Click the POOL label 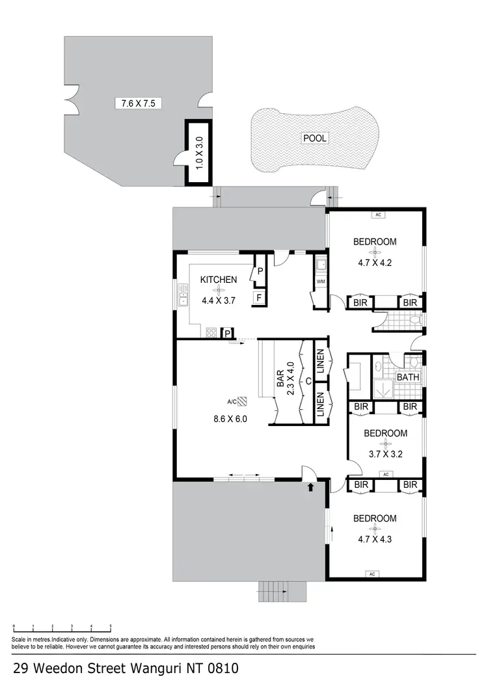click(x=314, y=138)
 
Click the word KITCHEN click(x=218, y=280)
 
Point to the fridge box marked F click(x=258, y=299)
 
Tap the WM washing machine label click(x=320, y=282)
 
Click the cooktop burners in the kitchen click(x=211, y=332)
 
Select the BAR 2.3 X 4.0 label click(x=286, y=384)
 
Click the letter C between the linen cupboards click(x=308, y=380)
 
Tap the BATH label click(x=407, y=377)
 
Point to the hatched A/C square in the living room click(x=243, y=401)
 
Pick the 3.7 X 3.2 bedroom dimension click(x=385, y=455)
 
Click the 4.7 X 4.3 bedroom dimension click(x=375, y=540)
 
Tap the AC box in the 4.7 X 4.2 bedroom click(x=377, y=214)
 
